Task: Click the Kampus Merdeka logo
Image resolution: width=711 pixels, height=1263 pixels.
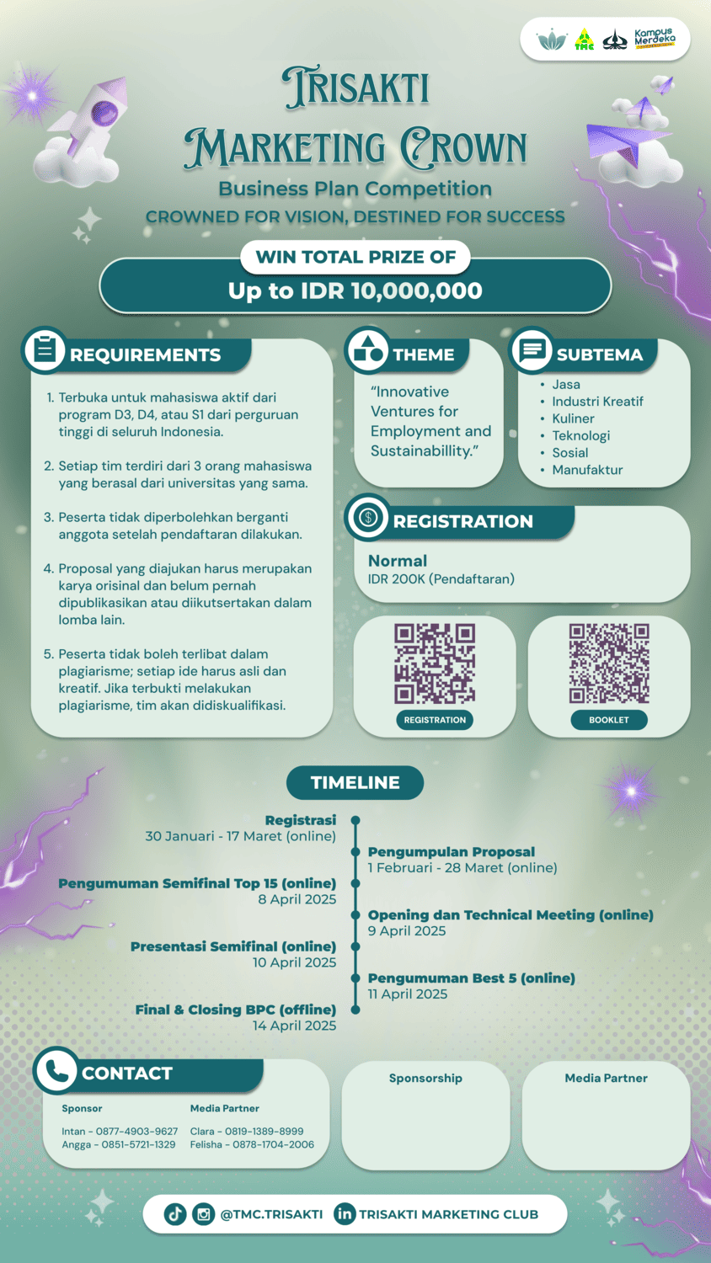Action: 655,39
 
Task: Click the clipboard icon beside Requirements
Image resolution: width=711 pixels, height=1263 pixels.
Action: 45,349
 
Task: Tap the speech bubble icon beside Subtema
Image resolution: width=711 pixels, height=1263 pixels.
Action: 532,349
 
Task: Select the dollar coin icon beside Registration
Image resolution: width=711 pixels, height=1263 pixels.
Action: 368,517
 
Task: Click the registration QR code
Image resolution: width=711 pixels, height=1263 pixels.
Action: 435,663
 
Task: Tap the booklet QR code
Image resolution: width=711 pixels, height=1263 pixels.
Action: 609,663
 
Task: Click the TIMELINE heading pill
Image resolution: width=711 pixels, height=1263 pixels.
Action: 355,782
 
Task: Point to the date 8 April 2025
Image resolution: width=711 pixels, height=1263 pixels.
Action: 297,899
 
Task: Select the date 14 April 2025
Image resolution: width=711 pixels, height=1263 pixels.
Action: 294,1026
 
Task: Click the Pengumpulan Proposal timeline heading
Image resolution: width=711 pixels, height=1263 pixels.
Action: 452,852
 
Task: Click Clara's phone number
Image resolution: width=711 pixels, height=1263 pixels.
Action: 264,1131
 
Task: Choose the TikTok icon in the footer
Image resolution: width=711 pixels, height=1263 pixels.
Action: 175,1214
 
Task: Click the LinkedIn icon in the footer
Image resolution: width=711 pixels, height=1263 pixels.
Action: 345,1214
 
